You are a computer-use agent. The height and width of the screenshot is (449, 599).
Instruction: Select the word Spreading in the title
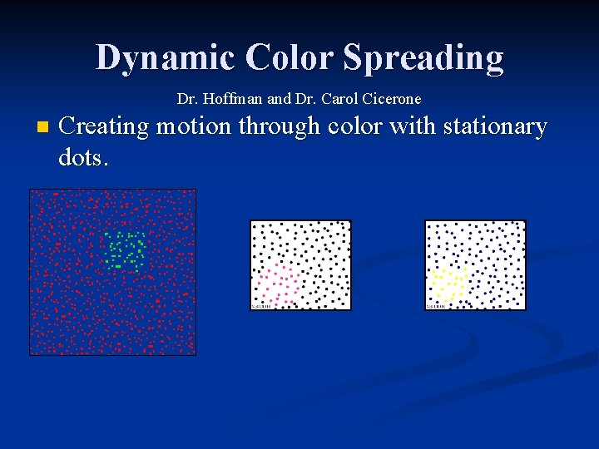(423, 58)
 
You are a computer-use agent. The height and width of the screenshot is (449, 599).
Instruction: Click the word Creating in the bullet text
(104, 127)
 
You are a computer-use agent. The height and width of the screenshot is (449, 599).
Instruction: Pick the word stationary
(496, 127)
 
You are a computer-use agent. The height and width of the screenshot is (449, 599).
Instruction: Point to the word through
(280, 127)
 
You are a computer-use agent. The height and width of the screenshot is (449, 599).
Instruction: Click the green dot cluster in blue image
(126, 249)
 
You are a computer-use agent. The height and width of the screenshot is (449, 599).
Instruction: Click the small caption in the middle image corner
(261, 306)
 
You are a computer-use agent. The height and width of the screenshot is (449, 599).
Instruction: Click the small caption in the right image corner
(436, 306)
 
